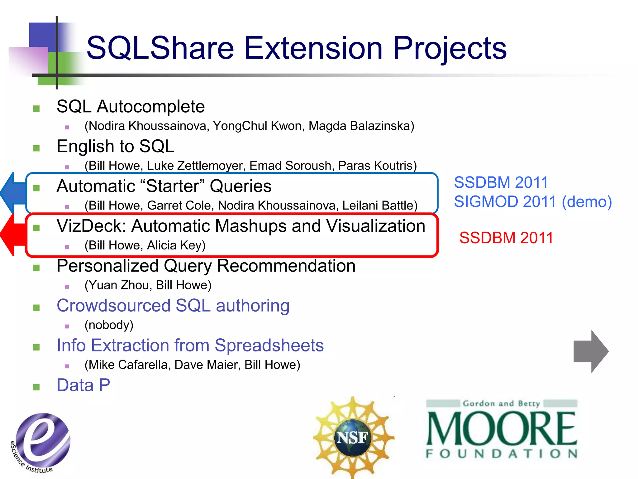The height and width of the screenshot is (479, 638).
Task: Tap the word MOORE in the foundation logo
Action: (502, 428)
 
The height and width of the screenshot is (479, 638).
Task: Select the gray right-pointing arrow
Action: (591, 351)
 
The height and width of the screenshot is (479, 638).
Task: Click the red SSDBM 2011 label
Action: (506, 238)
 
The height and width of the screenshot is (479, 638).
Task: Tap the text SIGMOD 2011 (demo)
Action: (533, 202)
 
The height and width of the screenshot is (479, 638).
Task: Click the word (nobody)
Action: (109, 325)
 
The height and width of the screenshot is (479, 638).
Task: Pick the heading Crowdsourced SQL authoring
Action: (173, 306)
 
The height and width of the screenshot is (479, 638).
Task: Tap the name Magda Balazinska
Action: (361, 126)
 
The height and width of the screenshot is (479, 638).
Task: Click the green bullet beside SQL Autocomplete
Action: (36, 109)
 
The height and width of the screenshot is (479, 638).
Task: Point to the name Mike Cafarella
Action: (128, 365)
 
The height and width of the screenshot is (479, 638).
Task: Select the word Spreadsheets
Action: (269, 346)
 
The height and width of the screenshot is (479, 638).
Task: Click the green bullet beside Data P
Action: (36, 387)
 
